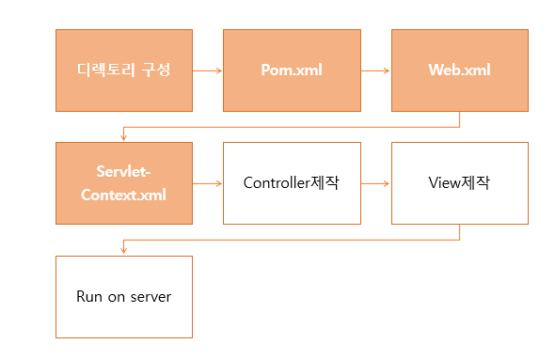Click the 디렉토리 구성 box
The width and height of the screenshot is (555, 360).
(124, 70)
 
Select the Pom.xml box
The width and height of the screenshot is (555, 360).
(292, 70)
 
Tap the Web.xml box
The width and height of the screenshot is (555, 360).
(459, 70)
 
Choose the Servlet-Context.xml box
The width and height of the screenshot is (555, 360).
(124, 183)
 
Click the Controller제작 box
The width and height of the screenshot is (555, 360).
(292, 183)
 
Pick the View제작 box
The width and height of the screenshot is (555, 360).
(459, 183)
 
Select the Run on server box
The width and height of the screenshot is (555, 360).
(124, 297)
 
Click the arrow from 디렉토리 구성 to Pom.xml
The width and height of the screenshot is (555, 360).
(207, 70)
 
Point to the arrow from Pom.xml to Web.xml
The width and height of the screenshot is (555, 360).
(375, 70)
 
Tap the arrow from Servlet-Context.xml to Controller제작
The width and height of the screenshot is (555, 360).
(207, 183)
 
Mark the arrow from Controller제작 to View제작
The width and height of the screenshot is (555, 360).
(375, 183)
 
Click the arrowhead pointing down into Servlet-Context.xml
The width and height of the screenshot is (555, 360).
(124, 137)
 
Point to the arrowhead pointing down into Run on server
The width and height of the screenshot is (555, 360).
(124, 251)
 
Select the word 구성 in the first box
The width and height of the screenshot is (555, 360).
(157, 70)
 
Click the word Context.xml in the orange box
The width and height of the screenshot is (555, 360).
(124, 195)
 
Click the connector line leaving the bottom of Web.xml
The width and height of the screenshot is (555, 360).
(459, 119)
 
